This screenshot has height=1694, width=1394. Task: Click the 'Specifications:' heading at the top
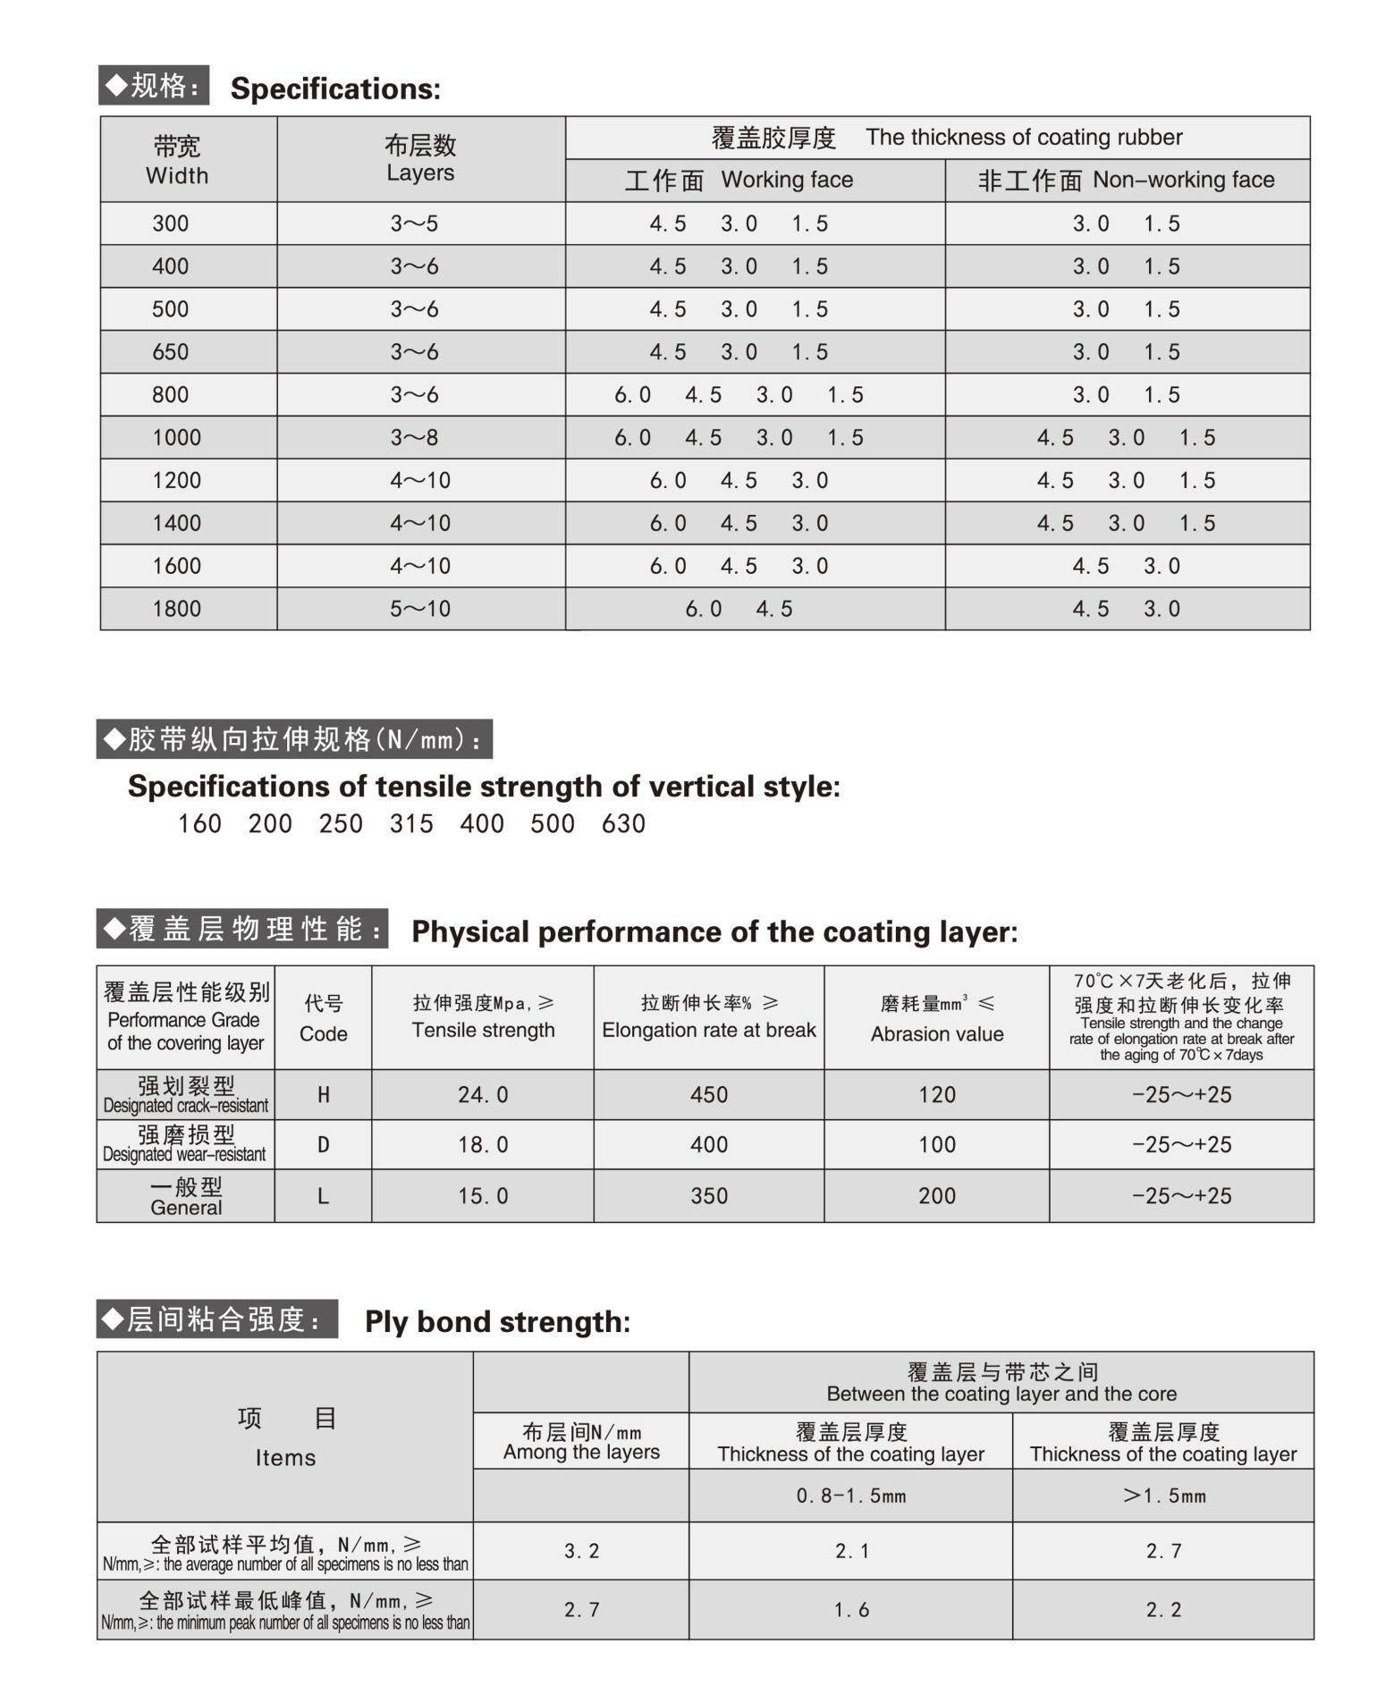[335, 88]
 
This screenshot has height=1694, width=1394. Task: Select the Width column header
[177, 160]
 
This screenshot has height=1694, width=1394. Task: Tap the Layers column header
[420, 159]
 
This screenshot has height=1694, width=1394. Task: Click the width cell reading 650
[170, 352]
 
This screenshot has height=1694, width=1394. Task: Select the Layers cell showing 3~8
[414, 438]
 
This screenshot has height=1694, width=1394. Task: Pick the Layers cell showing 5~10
[420, 609]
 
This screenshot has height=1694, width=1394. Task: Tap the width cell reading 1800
[176, 609]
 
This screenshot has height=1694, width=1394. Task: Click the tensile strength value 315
[411, 823]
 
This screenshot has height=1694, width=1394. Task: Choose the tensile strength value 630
[623, 823]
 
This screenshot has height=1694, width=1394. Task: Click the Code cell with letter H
[324, 1094]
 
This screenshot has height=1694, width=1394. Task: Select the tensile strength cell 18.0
[483, 1144]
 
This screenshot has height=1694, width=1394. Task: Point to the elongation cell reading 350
[708, 1195]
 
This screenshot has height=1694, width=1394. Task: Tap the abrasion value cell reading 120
[936, 1094]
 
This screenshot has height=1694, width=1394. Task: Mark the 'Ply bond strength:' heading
[497, 1321]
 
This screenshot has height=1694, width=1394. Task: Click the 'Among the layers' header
[581, 1442]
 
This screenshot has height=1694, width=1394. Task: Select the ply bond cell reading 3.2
[581, 1551]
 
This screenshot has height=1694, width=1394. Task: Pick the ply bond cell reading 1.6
[850, 1609]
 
